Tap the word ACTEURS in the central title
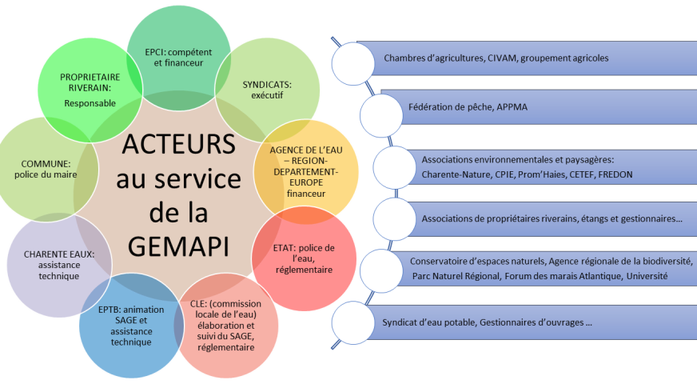[178, 147]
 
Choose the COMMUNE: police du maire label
[46, 168]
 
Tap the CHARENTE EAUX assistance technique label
[50, 265]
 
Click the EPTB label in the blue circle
[120, 324]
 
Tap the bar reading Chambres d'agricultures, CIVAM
[496, 58]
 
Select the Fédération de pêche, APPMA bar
[458, 106]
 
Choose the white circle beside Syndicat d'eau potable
[352, 322]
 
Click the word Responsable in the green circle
[90, 103]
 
